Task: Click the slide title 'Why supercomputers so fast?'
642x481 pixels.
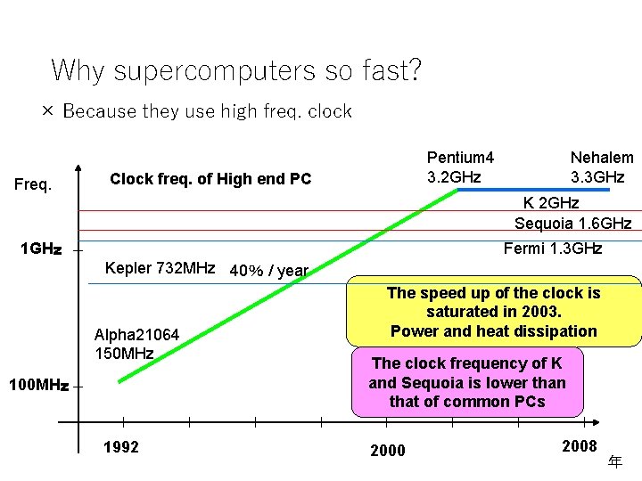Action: point(236,69)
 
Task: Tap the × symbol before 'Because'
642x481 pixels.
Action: point(47,111)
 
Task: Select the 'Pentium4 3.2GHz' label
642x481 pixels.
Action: point(460,167)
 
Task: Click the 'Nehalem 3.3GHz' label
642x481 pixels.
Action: point(602,167)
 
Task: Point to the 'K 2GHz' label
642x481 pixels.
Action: point(550,203)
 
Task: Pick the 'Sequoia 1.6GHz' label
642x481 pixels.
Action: point(572,223)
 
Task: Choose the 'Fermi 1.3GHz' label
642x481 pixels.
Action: point(553,248)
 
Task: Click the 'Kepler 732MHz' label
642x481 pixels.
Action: point(160,267)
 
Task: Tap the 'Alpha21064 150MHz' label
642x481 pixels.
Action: point(136,344)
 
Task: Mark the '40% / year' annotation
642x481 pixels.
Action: point(268,270)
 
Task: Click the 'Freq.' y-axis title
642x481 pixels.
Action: point(33,186)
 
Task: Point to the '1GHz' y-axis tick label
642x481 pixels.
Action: point(40,249)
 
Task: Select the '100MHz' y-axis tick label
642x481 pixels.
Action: point(37,386)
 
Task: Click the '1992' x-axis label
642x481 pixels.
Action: point(121,447)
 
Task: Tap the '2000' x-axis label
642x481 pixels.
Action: point(387,451)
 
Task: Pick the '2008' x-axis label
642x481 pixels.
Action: point(580,445)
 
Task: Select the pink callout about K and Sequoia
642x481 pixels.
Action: point(467,383)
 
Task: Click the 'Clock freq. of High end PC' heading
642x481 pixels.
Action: point(210,179)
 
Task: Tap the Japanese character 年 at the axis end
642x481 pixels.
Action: point(614,461)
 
